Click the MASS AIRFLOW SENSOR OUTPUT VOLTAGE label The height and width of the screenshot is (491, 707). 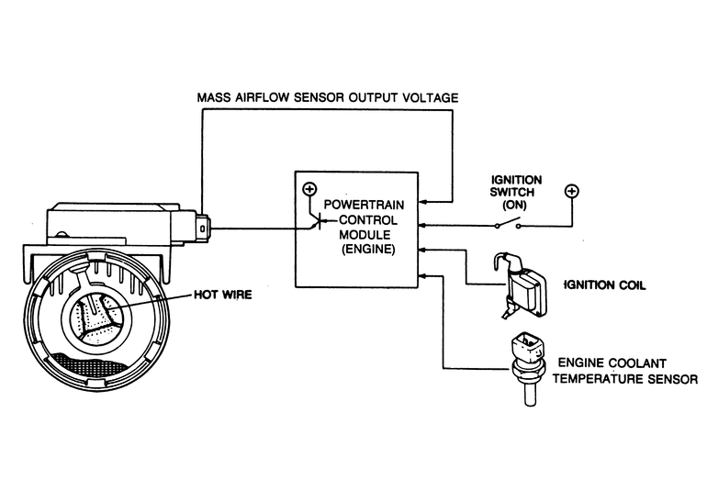(328, 97)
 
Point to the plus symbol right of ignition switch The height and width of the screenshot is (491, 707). (571, 191)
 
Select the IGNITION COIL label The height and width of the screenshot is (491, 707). (605, 285)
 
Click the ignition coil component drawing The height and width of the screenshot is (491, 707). (523, 284)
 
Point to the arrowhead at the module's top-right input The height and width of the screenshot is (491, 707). (423, 200)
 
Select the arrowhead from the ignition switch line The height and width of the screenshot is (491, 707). (423, 224)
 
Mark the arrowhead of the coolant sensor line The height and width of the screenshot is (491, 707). (423, 273)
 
